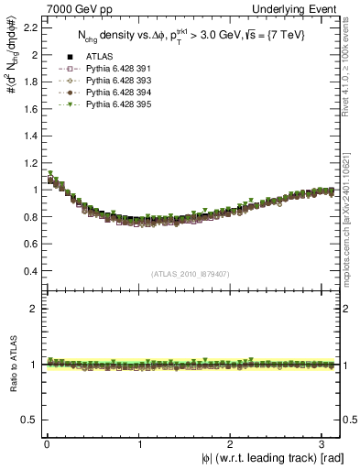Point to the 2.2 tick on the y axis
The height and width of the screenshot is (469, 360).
(x=29, y=27)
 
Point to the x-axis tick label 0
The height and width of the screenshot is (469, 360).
(x=47, y=444)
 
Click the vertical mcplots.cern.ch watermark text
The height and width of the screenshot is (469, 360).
(x=351, y=202)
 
